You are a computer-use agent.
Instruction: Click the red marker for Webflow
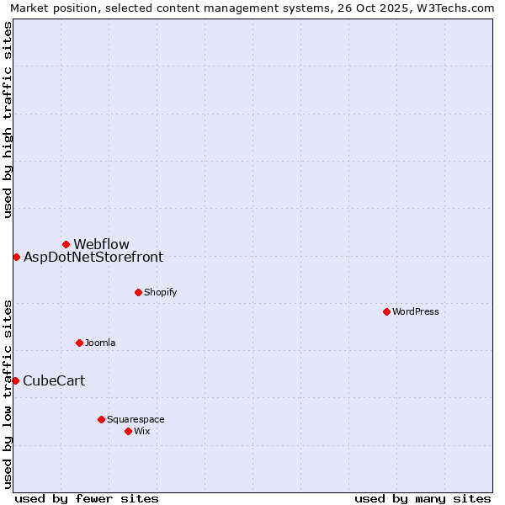click(x=66, y=244)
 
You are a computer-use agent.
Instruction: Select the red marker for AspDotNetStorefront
click(x=16, y=257)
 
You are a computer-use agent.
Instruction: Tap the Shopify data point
click(x=138, y=292)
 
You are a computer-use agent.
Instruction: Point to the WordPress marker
click(x=386, y=311)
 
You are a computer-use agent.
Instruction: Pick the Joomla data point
click(x=79, y=343)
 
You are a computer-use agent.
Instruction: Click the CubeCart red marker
click(x=15, y=380)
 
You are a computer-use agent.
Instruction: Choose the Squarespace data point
click(x=101, y=419)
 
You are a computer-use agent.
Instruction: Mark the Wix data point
click(x=128, y=431)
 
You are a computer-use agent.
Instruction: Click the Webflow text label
click(x=101, y=245)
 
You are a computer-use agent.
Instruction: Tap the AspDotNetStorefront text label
click(x=93, y=258)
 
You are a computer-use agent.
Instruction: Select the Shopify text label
click(x=160, y=292)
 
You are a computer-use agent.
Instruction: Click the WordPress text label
click(x=416, y=311)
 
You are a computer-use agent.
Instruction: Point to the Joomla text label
click(x=100, y=343)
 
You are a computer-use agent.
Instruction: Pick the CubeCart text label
click(x=54, y=381)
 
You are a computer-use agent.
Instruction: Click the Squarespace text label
click(x=136, y=419)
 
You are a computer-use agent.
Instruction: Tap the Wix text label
click(x=141, y=431)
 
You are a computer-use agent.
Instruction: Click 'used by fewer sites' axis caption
click(x=87, y=498)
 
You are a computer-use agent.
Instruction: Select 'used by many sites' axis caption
click(x=423, y=498)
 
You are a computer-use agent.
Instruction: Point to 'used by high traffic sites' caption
click(x=8, y=120)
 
